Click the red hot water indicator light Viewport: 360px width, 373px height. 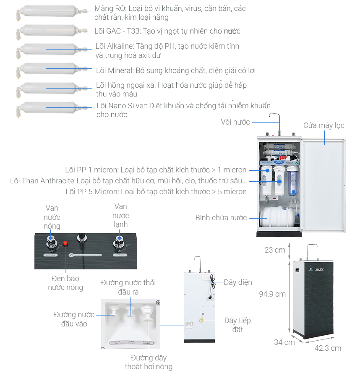pyautogui.click(x=65, y=243)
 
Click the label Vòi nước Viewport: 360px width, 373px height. pyautogui.click(x=235, y=122)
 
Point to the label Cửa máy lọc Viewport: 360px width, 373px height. pyautogui.click(x=323, y=125)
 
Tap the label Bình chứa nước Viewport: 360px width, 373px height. pyautogui.click(x=221, y=218)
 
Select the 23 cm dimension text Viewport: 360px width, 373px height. pyautogui.click(x=275, y=250)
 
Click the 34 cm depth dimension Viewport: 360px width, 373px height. pyautogui.click(x=284, y=342)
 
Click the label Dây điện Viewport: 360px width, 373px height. pyautogui.click(x=237, y=282)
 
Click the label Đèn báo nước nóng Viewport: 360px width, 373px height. pyautogui.click(x=65, y=283)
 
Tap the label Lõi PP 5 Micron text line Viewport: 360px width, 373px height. pyautogui.click(x=156, y=192)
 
